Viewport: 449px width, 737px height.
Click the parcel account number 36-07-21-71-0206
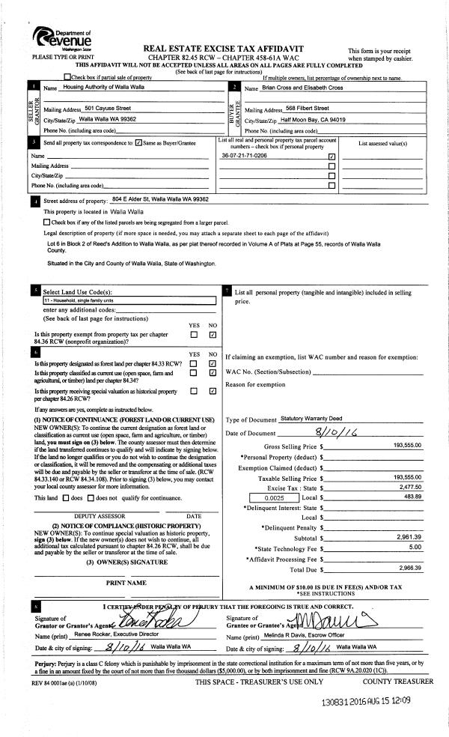click(244, 157)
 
